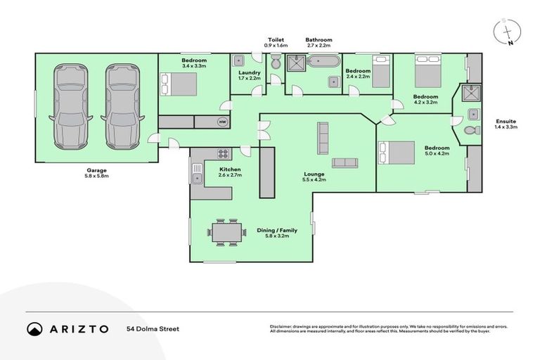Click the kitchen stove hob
click(x=223, y=155)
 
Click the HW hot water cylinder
click(x=223, y=122)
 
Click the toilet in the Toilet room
click(x=276, y=64)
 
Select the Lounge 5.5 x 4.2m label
click(x=314, y=176)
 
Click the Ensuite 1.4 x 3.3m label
click(x=507, y=124)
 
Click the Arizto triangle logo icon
click(x=34, y=329)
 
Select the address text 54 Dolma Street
click(x=153, y=329)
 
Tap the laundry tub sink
click(x=239, y=60)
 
